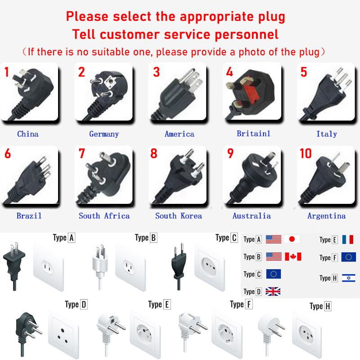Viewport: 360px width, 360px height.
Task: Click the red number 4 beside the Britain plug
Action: click(229, 72)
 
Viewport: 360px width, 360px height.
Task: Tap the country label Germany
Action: click(104, 134)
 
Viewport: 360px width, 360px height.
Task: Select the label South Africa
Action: click(104, 216)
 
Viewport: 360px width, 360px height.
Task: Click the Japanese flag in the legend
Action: click(292, 239)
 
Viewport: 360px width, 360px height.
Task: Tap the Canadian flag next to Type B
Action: click(293, 256)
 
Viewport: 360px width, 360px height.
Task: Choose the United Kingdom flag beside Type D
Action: click(273, 291)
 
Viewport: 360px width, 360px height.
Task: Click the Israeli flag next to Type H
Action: click(348, 278)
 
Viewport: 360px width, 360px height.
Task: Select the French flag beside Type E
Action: click(347, 239)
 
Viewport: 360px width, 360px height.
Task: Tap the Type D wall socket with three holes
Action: click(63, 334)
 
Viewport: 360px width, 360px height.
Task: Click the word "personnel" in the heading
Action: click(247, 35)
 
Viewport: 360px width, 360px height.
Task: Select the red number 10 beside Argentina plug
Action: click(306, 153)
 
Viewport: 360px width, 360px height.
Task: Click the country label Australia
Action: click(252, 216)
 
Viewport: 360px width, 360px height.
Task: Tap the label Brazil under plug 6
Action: click(29, 216)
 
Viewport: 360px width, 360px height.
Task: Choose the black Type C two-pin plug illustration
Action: click(179, 266)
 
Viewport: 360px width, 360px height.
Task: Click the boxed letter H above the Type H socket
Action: click(328, 306)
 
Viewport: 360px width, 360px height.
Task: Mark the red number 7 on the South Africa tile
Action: click(82, 153)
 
